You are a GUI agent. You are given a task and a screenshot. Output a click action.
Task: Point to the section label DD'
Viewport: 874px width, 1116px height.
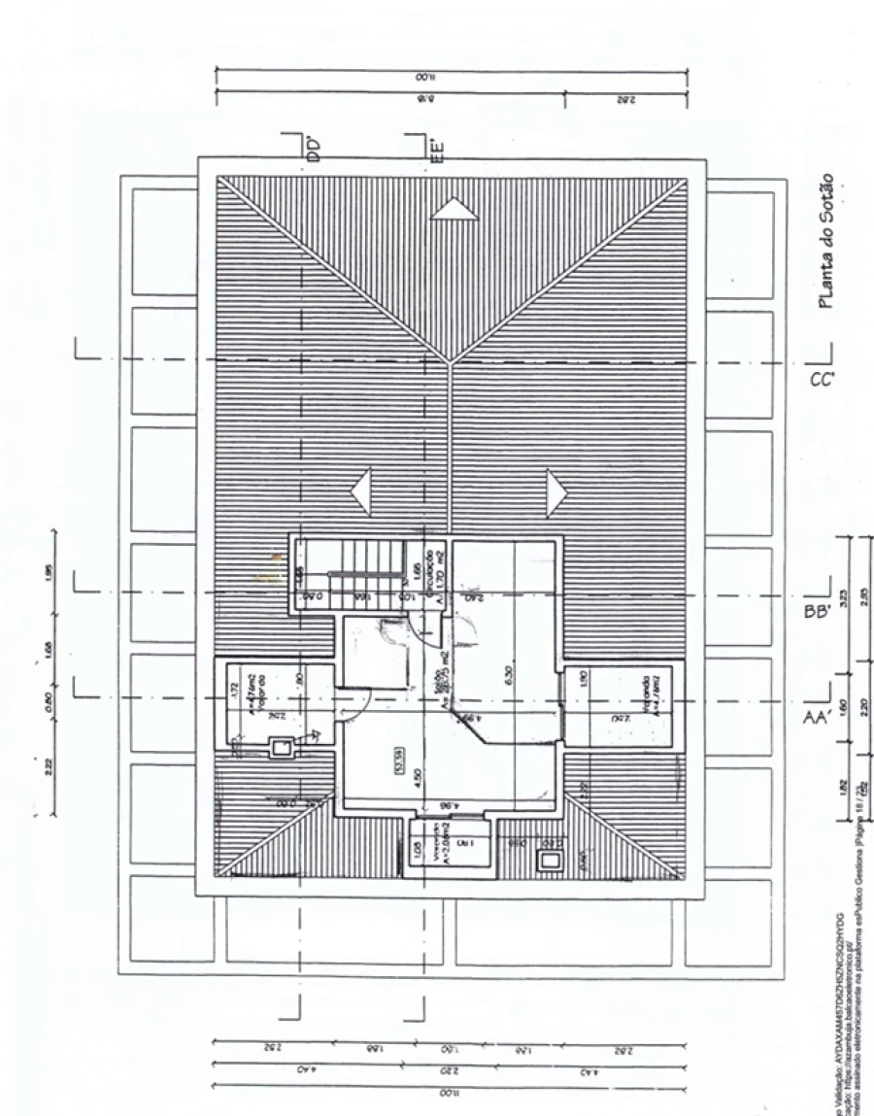pyautogui.click(x=313, y=149)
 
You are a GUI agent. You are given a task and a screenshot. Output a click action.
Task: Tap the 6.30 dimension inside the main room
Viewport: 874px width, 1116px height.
pyautogui.click(x=509, y=673)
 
